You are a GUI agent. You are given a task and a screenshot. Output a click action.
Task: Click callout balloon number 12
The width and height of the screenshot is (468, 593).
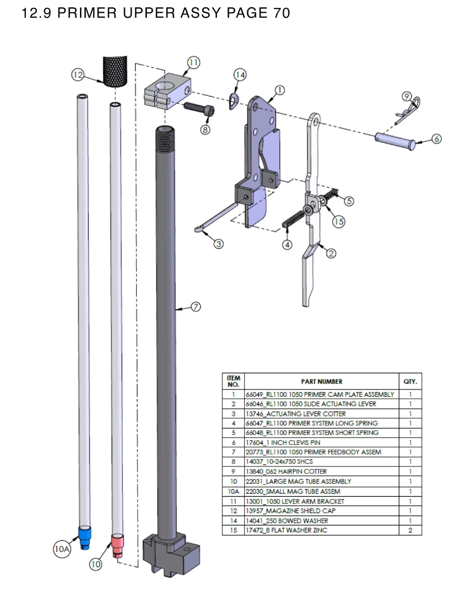point(78,75)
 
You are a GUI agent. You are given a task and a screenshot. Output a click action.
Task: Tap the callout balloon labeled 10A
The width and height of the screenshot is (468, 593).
point(62,549)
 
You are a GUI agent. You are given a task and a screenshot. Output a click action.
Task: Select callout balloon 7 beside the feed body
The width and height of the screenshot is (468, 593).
point(195,307)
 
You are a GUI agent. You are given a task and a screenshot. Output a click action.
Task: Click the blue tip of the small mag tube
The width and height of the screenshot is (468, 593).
point(84,536)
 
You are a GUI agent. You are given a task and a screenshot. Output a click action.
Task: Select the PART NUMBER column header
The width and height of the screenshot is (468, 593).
point(322,381)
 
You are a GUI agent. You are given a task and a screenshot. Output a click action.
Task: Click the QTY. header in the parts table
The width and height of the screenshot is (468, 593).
point(410,381)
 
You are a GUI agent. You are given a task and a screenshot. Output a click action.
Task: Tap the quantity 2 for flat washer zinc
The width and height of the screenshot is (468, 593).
point(410,530)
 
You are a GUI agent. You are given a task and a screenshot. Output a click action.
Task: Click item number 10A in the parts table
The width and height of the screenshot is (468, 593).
point(233,491)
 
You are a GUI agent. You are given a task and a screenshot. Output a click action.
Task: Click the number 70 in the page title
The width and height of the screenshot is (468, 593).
point(282,13)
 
